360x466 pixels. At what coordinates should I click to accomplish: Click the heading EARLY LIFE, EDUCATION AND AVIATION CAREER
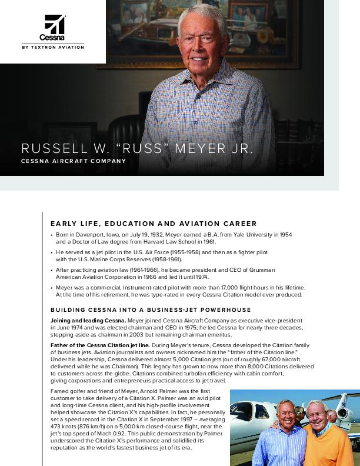154,224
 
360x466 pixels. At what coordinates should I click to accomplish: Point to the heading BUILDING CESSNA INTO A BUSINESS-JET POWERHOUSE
151,309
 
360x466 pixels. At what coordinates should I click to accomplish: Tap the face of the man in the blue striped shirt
278,414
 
